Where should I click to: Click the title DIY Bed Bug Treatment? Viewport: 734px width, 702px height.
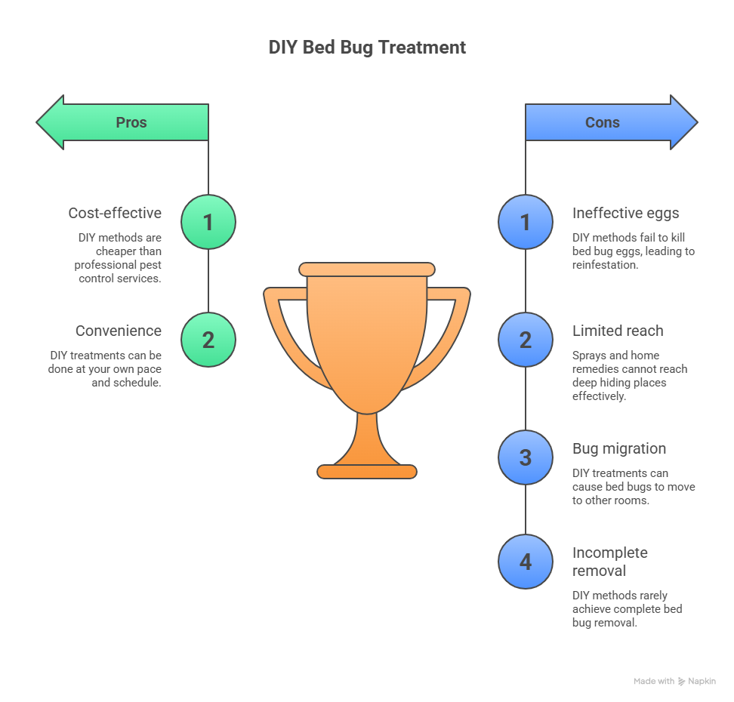pos(367,47)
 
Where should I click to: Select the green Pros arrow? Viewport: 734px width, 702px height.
pos(125,122)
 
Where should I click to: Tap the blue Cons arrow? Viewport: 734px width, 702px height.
pos(609,122)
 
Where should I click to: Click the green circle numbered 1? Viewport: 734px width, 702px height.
pos(208,222)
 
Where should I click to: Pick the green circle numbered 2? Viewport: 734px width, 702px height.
pos(208,340)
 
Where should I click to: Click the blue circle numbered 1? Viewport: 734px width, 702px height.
pos(526,222)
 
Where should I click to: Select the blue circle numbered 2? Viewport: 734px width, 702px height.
pos(526,340)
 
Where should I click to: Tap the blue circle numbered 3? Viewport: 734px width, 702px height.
pos(526,457)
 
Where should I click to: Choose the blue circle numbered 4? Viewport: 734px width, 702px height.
pos(526,562)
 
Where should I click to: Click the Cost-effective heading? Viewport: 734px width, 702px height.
pos(115,213)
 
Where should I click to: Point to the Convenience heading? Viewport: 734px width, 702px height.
pos(118,331)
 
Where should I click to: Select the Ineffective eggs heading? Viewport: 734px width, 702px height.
pos(626,213)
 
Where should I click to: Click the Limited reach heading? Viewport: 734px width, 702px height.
pos(618,331)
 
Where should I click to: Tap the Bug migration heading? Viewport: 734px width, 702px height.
pos(619,448)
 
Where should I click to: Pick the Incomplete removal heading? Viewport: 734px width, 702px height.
pos(610,562)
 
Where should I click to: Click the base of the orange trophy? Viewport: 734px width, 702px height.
pos(367,472)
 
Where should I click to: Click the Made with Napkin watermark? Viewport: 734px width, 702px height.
pos(674,681)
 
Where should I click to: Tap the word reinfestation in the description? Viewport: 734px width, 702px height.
pos(606,265)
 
